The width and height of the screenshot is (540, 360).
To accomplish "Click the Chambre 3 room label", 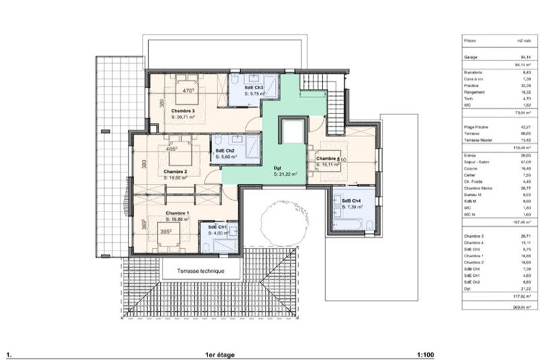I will pos(182,110).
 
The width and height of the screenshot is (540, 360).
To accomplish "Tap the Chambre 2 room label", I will pos(175,172).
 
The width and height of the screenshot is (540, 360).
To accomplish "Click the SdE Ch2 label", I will pos(225,150).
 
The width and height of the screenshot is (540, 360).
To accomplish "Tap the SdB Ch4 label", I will pos(351,201).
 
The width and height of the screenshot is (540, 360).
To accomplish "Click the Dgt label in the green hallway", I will pos(277,168).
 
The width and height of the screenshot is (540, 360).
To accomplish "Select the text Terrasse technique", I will pos(200,271).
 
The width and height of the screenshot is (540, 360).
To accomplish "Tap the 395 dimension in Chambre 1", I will pos(165,231).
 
